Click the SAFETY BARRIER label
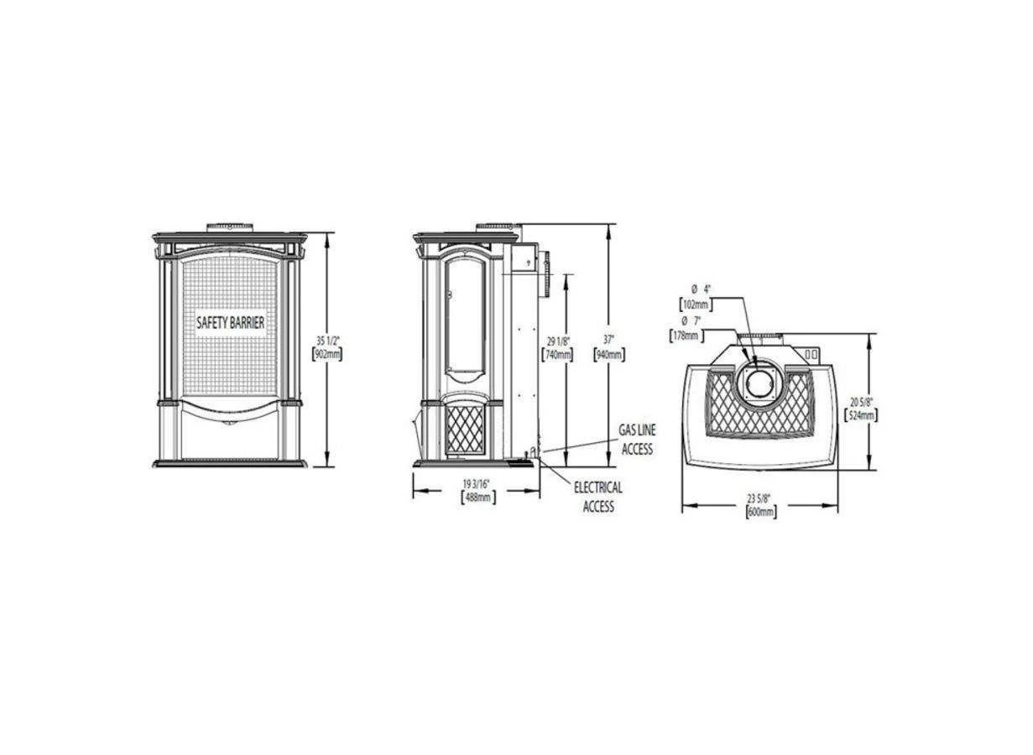point(230,322)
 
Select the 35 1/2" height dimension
point(326,341)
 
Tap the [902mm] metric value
point(326,354)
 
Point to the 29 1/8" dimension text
point(556,341)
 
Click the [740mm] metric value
point(556,354)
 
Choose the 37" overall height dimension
point(608,340)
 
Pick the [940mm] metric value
point(608,354)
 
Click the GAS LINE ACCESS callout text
point(637,440)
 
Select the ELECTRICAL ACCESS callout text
point(598,497)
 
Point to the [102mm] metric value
point(696,305)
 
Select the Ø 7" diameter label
point(690,321)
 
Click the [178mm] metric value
point(686,336)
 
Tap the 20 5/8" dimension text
point(862,401)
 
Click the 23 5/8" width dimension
point(760,497)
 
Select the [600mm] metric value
point(760,511)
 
